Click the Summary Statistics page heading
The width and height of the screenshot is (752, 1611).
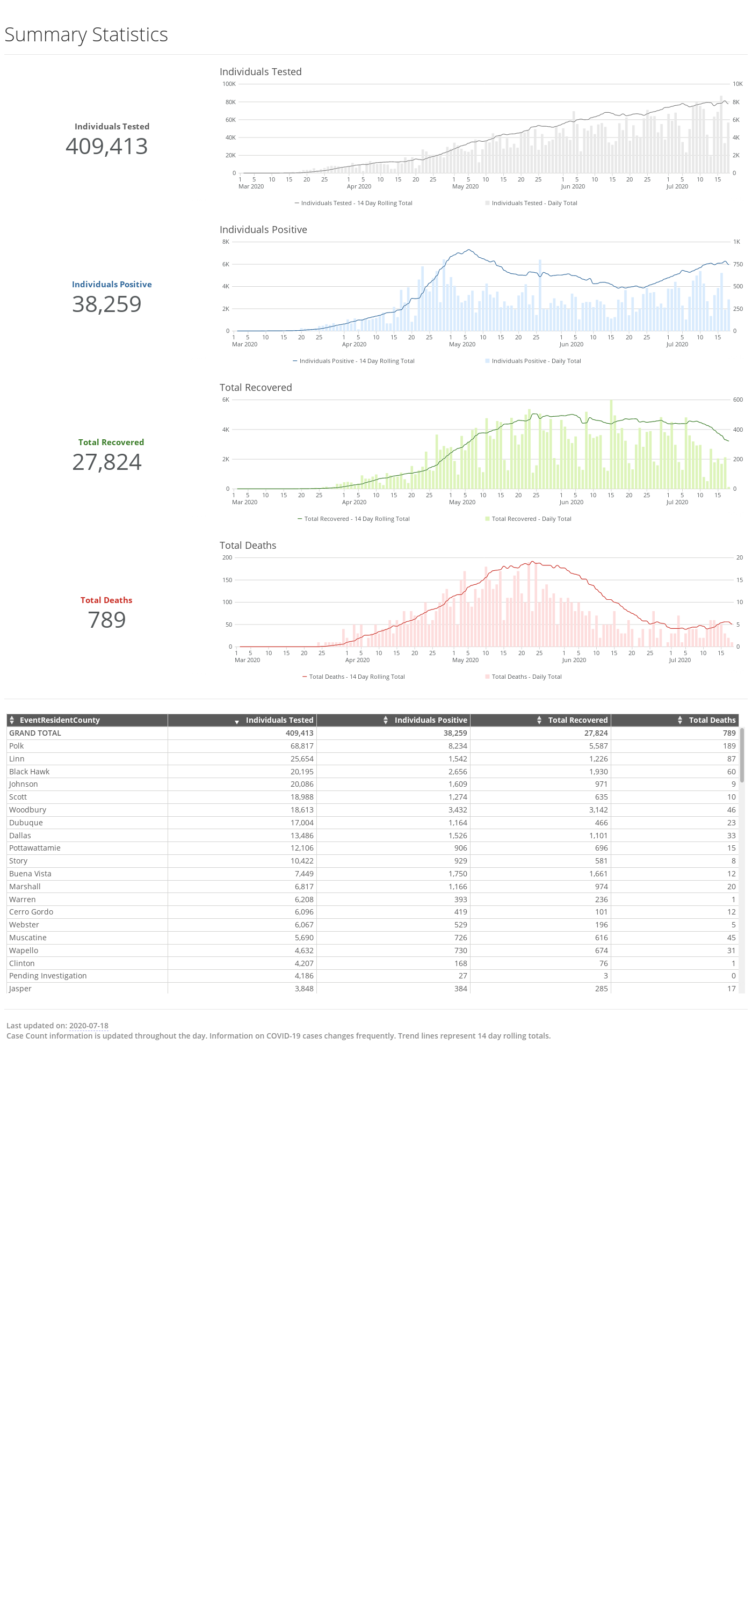tap(86, 35)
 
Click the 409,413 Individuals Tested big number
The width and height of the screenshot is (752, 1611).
tap(107, 147)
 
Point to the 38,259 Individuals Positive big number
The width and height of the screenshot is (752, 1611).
tap(107, 304)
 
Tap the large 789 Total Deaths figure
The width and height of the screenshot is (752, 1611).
tap(107, 620)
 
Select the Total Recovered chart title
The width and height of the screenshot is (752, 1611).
tap(256, 388)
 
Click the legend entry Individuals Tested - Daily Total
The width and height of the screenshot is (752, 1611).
tap(531, 203)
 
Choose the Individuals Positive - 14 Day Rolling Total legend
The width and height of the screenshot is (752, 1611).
tap(353, 361)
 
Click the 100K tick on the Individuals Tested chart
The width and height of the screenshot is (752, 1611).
tap(229, 84)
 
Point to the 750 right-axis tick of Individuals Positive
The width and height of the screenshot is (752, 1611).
tap(738, 265)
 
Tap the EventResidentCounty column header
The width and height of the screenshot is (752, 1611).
tap(60, 721)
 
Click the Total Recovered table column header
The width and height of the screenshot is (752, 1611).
tap(577, 721)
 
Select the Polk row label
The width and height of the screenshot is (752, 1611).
tap(16, 746)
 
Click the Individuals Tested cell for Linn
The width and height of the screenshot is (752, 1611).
tap(301, 759)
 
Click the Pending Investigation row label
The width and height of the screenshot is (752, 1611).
tap(48, 976)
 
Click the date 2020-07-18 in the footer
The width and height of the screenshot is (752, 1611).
tap(89, 1026)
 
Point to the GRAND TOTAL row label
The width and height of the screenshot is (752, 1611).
tap(35, 733)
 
